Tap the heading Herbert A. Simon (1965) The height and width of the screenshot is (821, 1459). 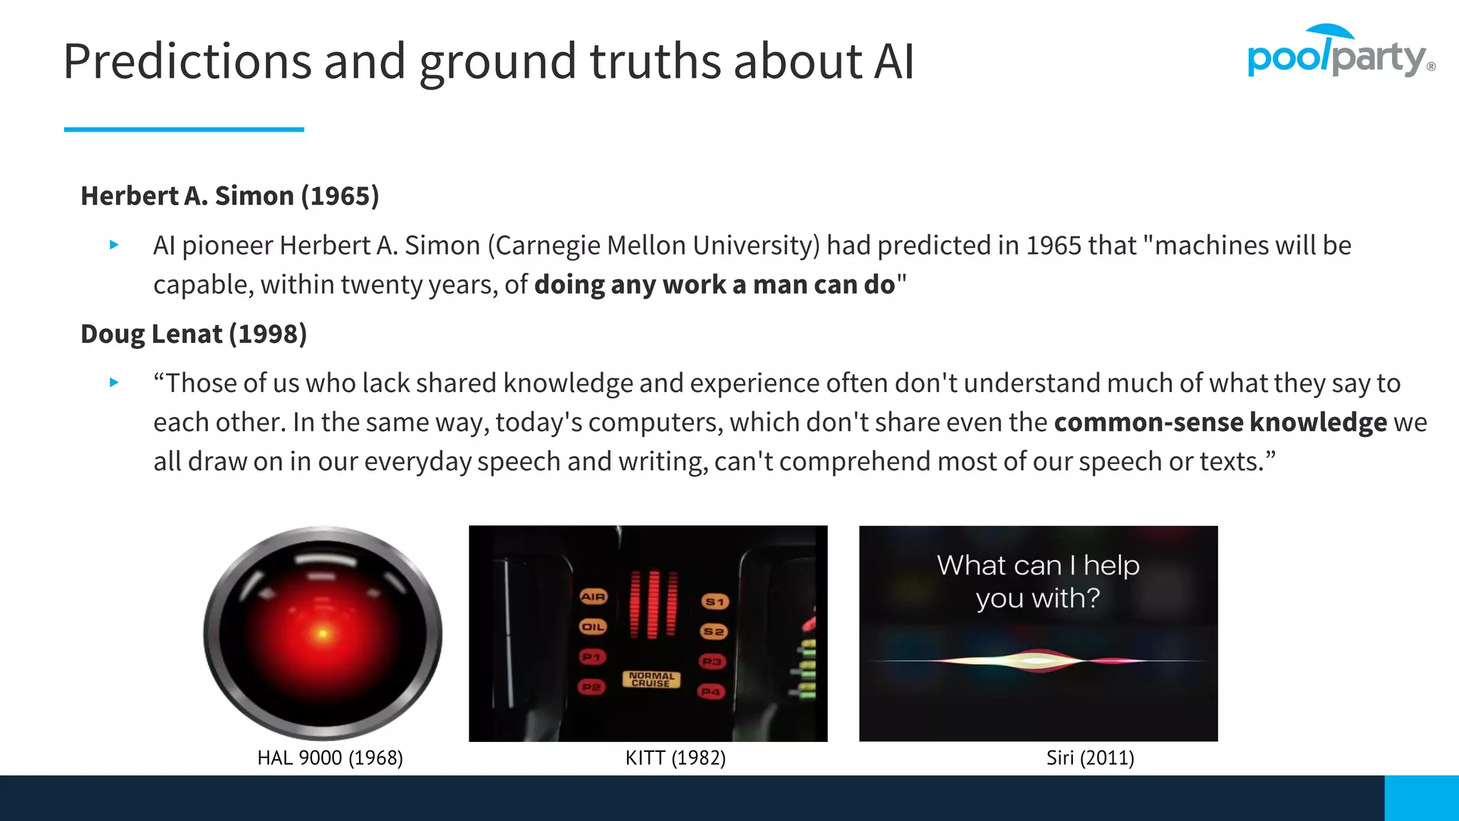click(x=229, y=196)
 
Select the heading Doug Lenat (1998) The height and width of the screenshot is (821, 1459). click(x=193, y=334)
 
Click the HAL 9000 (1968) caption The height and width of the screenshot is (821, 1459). click(x=330, y=758)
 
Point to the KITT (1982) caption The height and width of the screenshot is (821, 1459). click(x=675, y=758)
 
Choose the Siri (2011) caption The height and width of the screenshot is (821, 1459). click(x=1090, y=758)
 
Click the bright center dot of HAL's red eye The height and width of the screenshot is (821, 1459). click(x=323, y=633)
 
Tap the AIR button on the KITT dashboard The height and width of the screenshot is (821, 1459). click(x=593, y=597)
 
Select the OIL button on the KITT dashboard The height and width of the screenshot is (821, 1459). click(x=593, y=627)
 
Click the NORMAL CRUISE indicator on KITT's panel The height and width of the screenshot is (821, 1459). click(x=651, y=679)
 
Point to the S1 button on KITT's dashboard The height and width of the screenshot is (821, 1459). click(x=714, y=602)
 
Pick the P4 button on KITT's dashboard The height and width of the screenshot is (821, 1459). click(x=711, y=691)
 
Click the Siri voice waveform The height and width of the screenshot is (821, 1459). click(x=1039, y=661)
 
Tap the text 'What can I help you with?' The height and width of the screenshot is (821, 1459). click(x=1038, y=582)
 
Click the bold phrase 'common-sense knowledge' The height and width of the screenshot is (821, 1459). click(x=1220, y=423)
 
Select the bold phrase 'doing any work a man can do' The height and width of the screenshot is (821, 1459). click(x=715, y=285)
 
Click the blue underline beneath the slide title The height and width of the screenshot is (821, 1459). click(x=184, y=129)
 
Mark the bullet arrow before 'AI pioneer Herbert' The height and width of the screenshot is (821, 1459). click(x=114, y=245)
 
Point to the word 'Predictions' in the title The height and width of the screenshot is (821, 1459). click(x=187, y=61)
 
